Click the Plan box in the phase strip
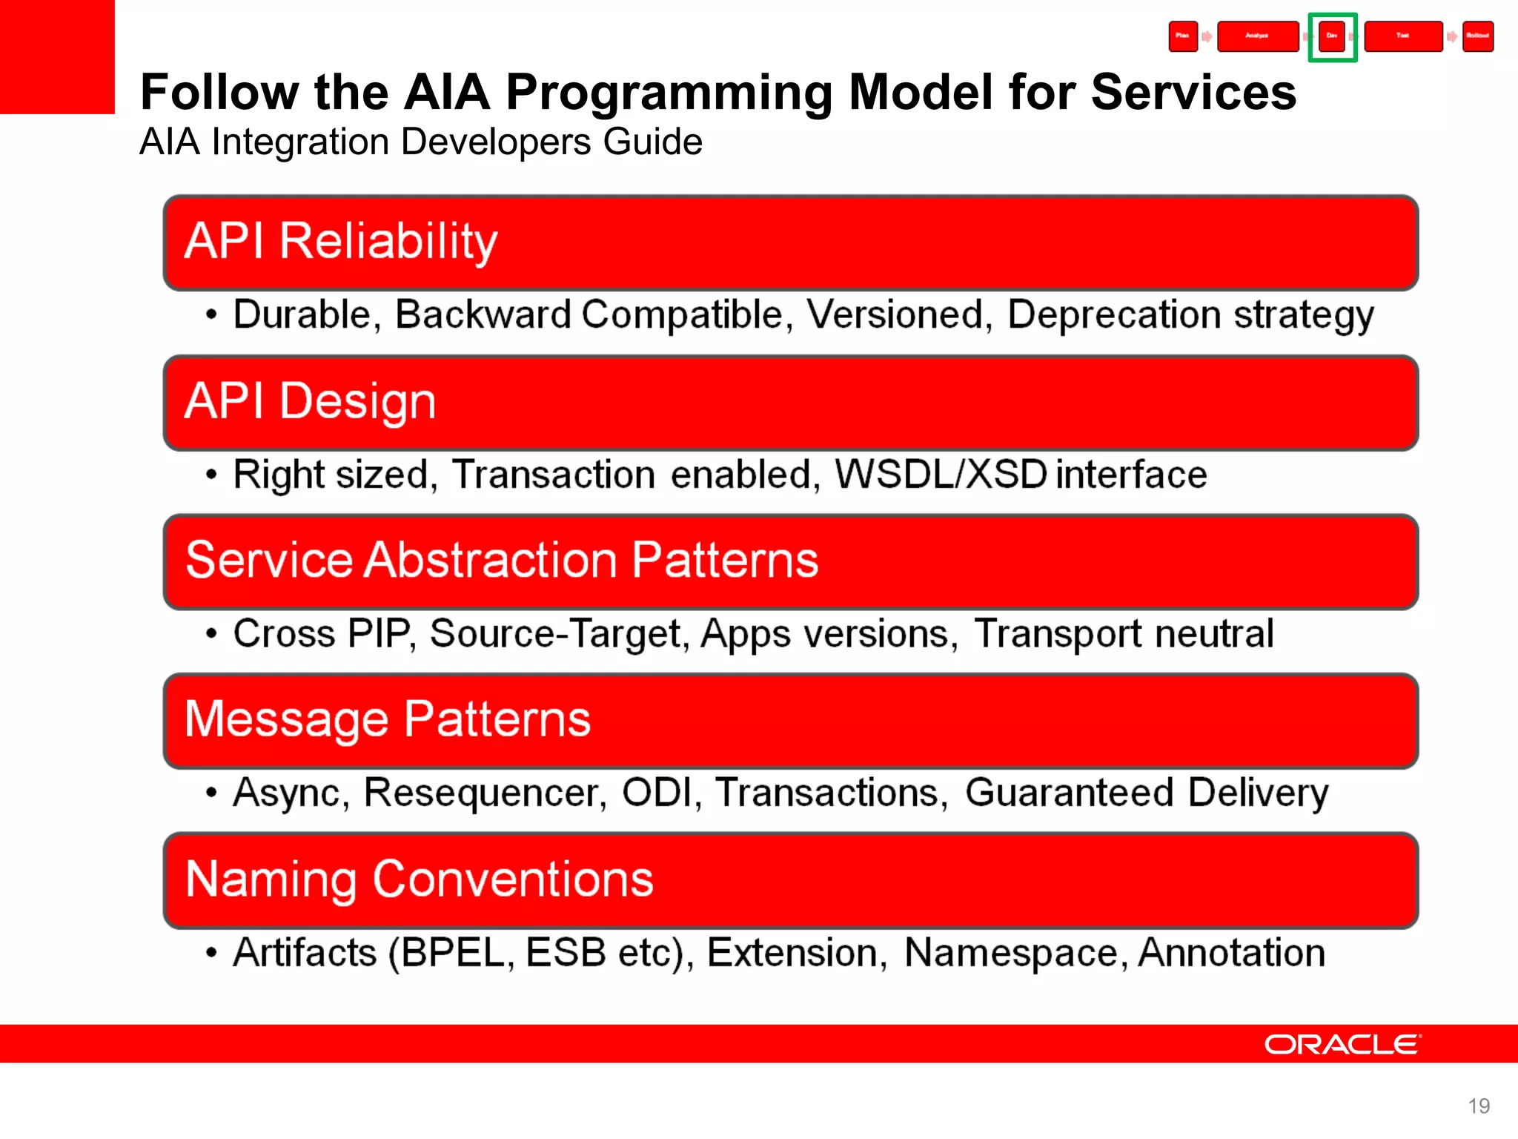(1183, 36)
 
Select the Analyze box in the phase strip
(1257, 36)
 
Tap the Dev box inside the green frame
(1332, 36)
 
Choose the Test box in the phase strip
(1403, 36)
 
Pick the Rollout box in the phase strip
(1477, 36)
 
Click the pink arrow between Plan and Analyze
(1207, 36)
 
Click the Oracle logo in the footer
(1342, 1044)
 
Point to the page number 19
(1478, 1106)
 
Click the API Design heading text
(310, 401)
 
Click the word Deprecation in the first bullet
(1114, 314)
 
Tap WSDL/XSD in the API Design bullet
(940, 474)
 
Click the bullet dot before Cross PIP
(212, 634)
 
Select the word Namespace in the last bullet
(1011, 952)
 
